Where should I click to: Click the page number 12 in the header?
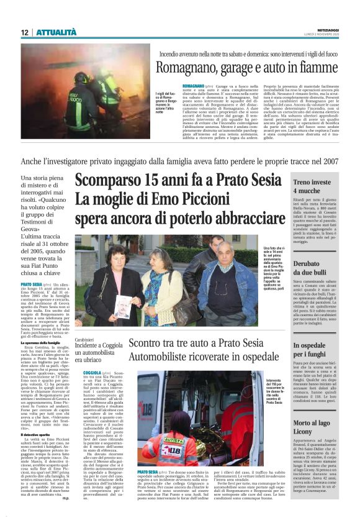coord(24,32)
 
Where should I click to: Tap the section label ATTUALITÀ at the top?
coord(56,32)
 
